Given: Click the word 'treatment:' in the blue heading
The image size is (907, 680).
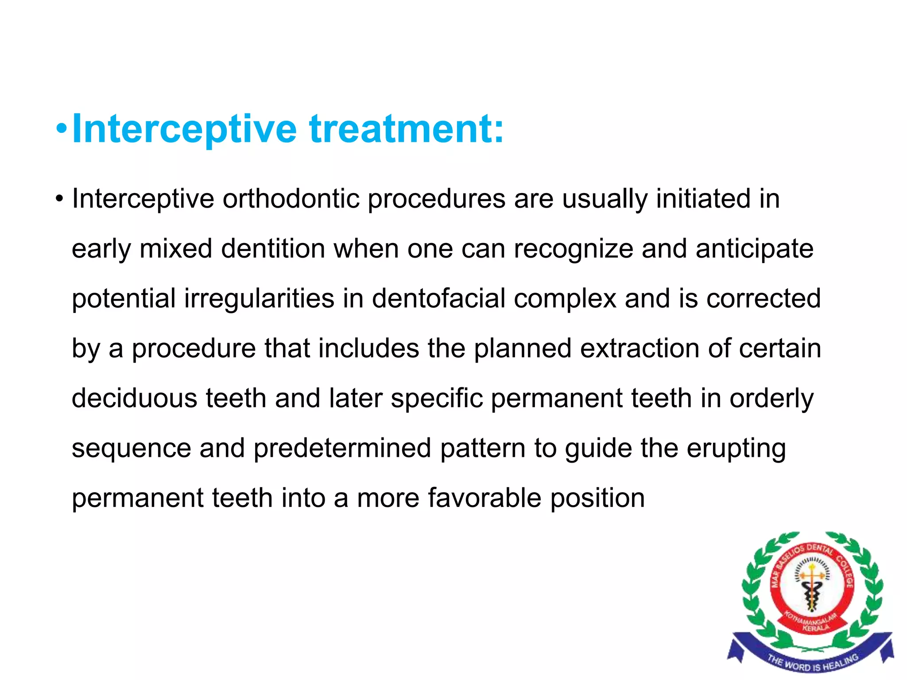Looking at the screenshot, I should (407, 129).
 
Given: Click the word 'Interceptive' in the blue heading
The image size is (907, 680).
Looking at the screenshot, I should (184, 129).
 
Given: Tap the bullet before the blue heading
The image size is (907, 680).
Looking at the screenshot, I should (62, 129).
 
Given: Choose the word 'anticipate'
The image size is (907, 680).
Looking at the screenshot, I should (754, 249).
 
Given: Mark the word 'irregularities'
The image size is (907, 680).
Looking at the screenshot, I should (259, 298).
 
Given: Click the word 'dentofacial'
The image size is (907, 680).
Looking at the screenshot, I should (438, 298).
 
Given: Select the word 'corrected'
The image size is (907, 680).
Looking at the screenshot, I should (764, 298).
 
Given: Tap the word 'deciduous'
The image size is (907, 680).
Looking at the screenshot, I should (134, 398).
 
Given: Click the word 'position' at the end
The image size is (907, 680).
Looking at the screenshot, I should (597, 498).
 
